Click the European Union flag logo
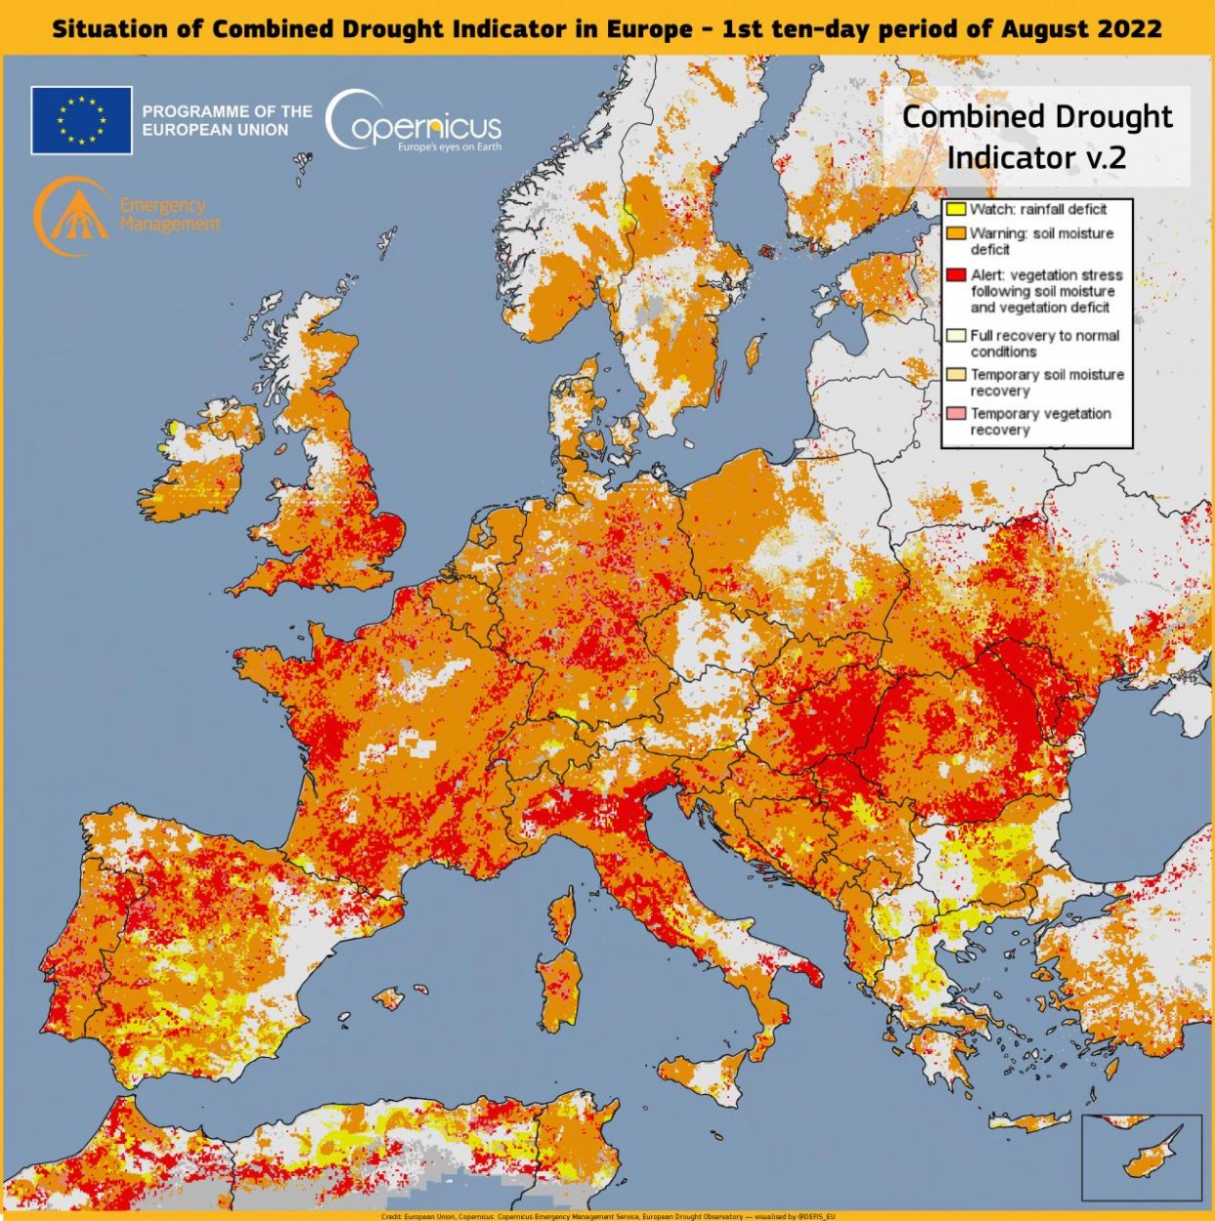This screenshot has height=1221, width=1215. tap(81, 120)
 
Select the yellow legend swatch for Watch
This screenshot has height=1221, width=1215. tap(955, 209)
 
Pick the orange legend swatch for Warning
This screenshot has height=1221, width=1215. tap(955, 233)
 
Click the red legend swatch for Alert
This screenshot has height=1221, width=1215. tap(955, 275)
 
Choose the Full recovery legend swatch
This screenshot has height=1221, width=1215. tap(955, 335)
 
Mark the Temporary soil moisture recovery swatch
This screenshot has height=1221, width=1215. tap(955, 375)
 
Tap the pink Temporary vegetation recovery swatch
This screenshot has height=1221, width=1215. tap(955, 414)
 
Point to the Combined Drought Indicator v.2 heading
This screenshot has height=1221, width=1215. tap(1036, 136)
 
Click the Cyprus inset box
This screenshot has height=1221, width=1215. tap(1142, 1157)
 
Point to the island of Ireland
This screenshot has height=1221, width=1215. tap(195, 469)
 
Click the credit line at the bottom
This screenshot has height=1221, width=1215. tap(607, 1216)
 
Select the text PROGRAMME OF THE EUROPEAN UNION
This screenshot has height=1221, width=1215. tap(227, 120)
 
